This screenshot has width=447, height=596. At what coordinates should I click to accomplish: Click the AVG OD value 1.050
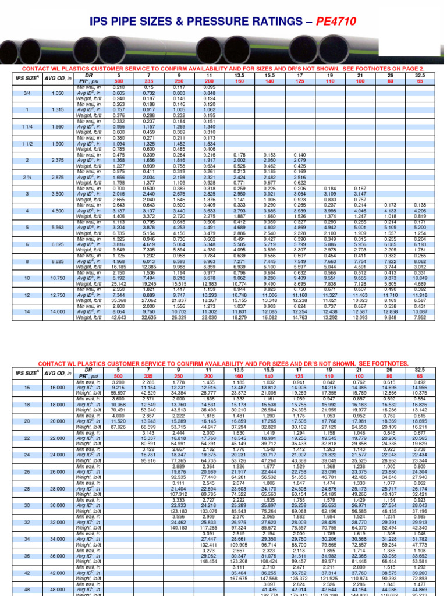[x=58, y=93]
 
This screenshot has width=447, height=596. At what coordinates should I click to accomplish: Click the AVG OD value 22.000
[x=58, y=438]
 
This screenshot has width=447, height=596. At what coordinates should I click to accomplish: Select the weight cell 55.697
[x=118, y=393]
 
